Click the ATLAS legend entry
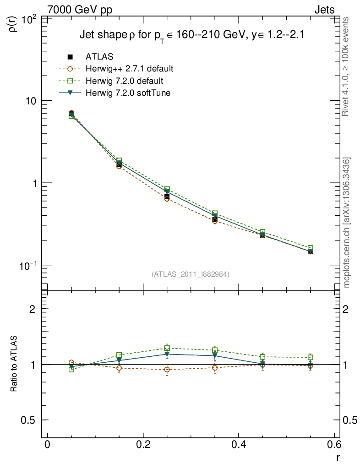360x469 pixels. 99,57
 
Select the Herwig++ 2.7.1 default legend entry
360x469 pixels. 129,69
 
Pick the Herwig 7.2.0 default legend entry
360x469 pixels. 125,81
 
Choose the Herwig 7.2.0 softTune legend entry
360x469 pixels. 128,93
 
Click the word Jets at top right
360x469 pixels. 324,10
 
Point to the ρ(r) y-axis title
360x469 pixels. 13,23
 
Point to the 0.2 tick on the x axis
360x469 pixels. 143,446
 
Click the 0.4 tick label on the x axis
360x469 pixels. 238,446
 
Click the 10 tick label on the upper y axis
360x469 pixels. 32,101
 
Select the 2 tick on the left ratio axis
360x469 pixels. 33,309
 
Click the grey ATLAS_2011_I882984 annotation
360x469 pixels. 191,274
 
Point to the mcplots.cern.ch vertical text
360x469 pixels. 347,223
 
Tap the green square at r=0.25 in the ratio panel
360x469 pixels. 167,348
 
